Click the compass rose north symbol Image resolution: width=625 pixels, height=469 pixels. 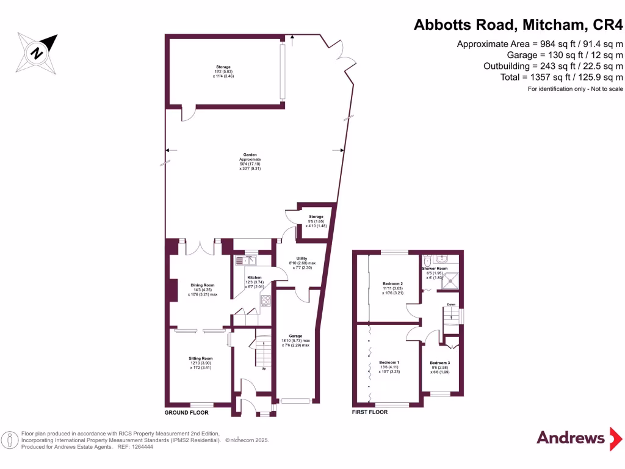pyautogui.click(x=37, y=53)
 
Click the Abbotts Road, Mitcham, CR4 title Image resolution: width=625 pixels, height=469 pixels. pyautogui.click(x=518, y=25)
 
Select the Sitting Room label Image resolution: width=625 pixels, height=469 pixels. pyautogui.click(x=200, y=359)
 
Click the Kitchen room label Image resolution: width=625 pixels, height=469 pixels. pyautogui.click(x=255, y=278)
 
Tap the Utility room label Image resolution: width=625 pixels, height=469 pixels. pyautogui.click(x=301, y=258)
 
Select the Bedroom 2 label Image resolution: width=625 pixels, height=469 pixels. pyautogui.click(x=392, y=284)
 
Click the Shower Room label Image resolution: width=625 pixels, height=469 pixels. pyautogui.click(x=435, y=269)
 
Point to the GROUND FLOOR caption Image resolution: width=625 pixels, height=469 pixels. pyautogui.click(x=186, y=412)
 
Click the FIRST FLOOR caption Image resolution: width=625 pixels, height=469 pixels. pyautogui.click(x=370, y=412)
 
